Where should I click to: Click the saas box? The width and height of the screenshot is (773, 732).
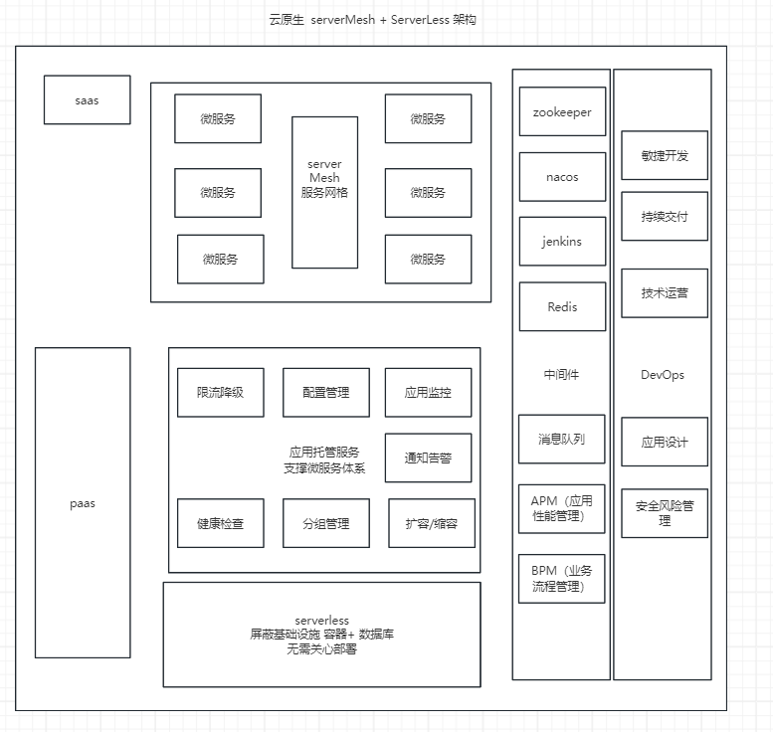pos(87,100)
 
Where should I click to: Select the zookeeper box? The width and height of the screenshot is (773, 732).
pos(562,112)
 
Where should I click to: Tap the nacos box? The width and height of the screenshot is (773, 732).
pos(562,177)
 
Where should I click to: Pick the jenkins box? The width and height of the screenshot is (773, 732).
pos(562,242)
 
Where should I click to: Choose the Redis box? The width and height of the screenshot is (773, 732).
pos(562,307)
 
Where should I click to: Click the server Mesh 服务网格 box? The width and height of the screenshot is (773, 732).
pos(324,192)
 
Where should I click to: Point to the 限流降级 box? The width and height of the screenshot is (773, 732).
pos(220,393)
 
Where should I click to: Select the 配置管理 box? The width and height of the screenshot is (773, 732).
pos(325,393)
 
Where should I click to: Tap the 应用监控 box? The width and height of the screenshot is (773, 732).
pos(428,393)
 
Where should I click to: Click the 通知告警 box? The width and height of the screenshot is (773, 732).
pos(428,458)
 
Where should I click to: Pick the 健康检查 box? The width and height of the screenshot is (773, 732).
pos(220,523)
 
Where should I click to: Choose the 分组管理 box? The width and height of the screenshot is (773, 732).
pos(325,523)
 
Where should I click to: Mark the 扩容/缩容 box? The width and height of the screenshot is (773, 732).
pos(431,523)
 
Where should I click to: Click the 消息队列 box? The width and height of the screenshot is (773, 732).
pos(561,439)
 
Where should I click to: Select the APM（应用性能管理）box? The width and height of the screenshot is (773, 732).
pos(561,508)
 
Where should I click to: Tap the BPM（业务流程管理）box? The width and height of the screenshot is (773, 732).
pos(561,578)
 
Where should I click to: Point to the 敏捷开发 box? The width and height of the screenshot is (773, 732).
pos(665,155)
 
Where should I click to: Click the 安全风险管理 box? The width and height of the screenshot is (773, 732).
pos(665,513)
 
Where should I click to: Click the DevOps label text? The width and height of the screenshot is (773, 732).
pos(663,375)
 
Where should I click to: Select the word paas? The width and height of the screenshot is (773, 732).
pos(83,503)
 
